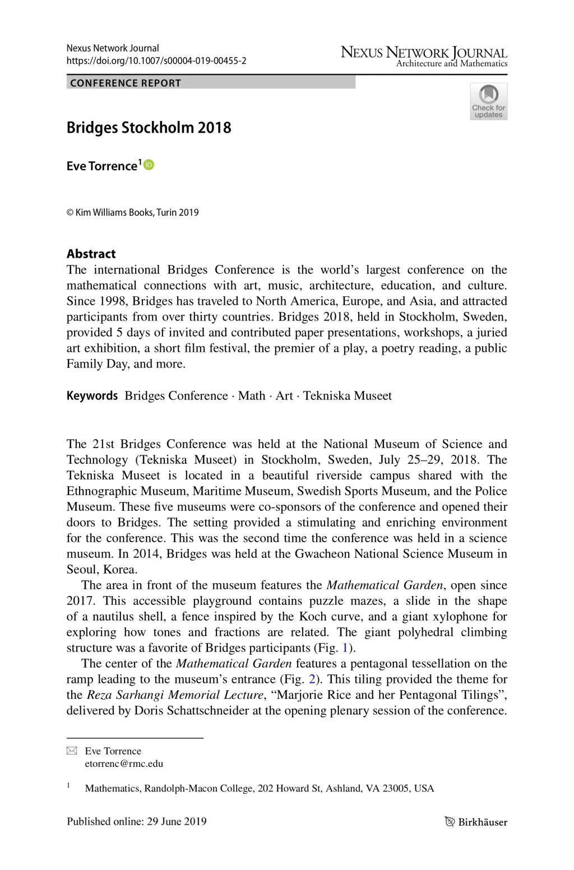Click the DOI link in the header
(x=156, y=61)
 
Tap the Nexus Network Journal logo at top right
(x=424, y=56)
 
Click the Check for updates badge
(x=488, y=101)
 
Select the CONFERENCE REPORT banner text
(x=126, y=83)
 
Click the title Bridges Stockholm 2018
(x=149, y=128)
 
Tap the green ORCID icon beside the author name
(x=149, y=165)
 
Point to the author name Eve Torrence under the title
(x=101, y=166)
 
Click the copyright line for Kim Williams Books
(x=132, y=212)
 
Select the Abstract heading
(x=91, y=254)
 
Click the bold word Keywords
(x=92, y=396)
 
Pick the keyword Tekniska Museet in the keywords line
(x=348, y=396)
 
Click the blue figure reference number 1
(x=345, y=648)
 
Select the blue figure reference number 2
(x=312, y=679)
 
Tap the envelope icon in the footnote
(x=72, y=751)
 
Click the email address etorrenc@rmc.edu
(x=124, y=764)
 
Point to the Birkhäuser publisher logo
(x=476, y=822)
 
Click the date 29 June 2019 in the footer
(x=177, y=821)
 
